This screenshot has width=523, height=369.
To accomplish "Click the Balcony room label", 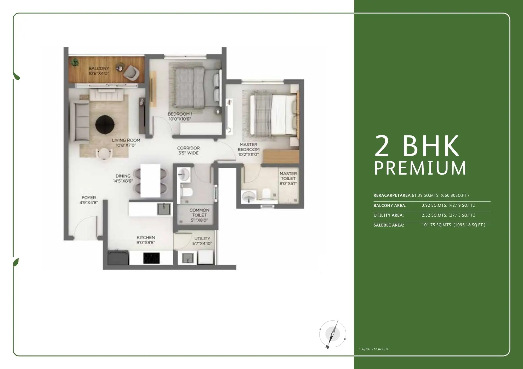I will coord(99,68).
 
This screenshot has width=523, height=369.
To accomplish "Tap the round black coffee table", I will coord(105,125).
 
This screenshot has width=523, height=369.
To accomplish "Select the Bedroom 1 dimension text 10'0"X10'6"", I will coord(180,119).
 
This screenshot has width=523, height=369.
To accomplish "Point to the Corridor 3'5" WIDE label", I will coord(188,151).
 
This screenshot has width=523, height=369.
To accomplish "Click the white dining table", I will coord(150,181).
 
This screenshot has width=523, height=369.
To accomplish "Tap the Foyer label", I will coord(89,198).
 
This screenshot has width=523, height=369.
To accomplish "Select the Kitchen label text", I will coord(146,237).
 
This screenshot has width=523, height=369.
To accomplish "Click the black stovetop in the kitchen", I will coord(151,258).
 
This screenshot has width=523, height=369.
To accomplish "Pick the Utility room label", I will coord(202,239).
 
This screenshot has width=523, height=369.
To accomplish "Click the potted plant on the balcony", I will coord(75,62).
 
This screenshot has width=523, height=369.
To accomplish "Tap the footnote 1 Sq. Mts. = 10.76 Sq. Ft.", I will coord(374,349).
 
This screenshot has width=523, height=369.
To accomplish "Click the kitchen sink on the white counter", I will coord(164,209).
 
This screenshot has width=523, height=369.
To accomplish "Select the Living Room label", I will coord(126,140).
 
